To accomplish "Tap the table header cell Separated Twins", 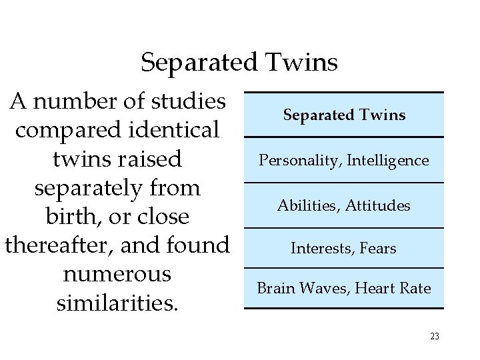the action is click(x=344, y=115).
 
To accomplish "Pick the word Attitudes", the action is click(x=378, y=206).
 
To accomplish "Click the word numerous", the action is click(x=117, y=275).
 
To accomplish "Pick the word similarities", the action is click(x=117, y=303).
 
